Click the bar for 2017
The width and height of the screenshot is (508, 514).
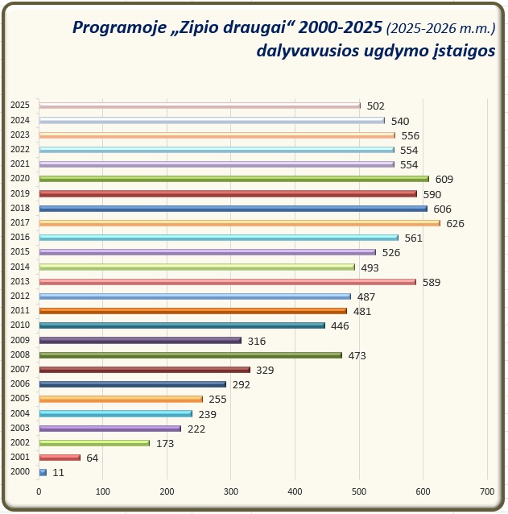[x=239, y=223]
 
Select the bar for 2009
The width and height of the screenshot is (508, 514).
[x=140, y=340]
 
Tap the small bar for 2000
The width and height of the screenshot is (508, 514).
[x=43, y=472]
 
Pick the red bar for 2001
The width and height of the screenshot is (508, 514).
[x=60, y=458]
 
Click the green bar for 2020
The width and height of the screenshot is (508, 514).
[x=233, y=179]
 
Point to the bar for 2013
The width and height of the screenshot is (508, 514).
[x=227, y=282]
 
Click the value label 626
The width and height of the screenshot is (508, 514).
[x=455, y=223]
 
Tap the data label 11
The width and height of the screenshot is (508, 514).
[x=58, y=473]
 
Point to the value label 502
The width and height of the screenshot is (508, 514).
[x=375, y=106]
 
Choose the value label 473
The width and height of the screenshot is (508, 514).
[x=357, y=355]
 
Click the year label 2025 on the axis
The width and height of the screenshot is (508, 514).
[x=20, y=105]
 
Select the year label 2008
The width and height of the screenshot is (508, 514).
[x=20, y=354]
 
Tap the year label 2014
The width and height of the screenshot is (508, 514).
[x=20, y=267]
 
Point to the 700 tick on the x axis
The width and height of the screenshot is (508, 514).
[x=485, y=491]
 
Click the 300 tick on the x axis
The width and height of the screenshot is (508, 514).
[x=230, y=491]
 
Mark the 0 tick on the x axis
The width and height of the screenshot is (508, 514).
[x=39, y=491]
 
